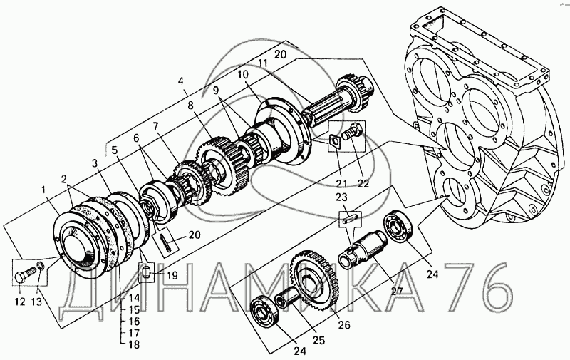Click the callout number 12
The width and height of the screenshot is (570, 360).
tap(20, 301)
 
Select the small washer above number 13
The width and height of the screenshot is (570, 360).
tap(41, 267)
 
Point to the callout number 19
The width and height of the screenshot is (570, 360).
tap(172, 275)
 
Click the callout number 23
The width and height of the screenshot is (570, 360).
tap(341, 197)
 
